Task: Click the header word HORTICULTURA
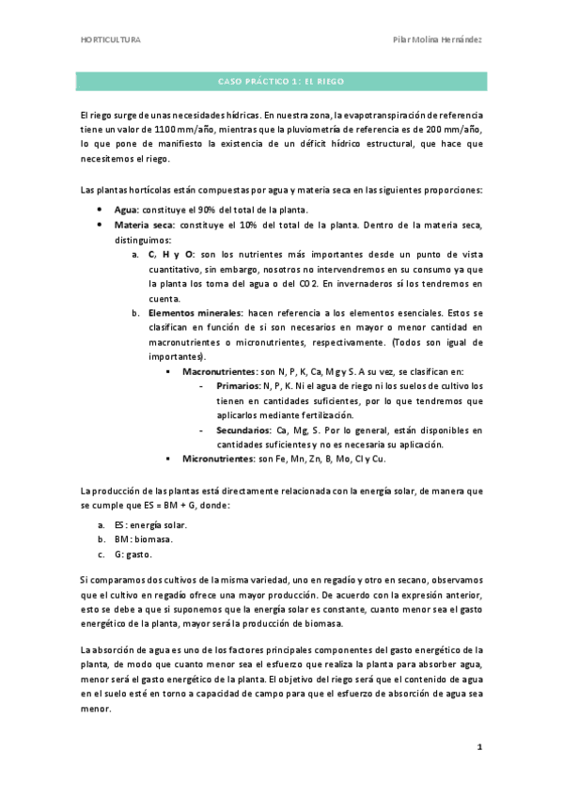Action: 111,41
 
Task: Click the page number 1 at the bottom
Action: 479,747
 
